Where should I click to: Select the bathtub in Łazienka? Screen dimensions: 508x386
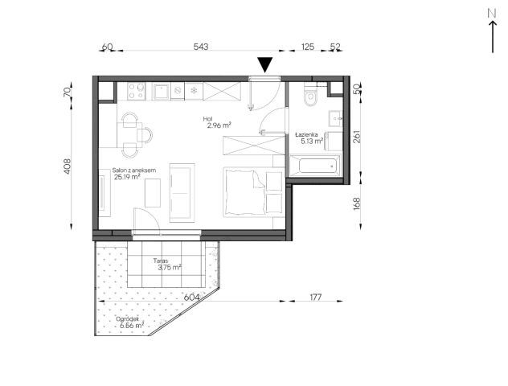(314, 166)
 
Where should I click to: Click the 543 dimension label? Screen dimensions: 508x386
(201, 47)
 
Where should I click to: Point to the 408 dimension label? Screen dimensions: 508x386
(67, 166)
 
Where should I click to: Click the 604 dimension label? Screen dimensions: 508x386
(192, 297)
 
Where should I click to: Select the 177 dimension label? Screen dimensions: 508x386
(316, 297)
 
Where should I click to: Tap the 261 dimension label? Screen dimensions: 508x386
(356, 137)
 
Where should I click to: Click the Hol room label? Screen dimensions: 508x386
(207, 119)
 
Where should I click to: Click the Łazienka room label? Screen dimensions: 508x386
(306, 134)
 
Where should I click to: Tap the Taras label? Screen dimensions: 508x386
(161, 261)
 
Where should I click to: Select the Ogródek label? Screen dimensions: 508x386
(128, 319)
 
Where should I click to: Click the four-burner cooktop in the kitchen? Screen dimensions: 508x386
(137, 91)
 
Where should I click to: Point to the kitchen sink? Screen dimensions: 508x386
(161, 92)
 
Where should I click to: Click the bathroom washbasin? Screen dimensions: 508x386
(335, 118)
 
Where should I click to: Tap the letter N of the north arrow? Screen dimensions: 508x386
(492, 14)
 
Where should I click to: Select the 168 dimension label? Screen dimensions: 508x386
(356, 204)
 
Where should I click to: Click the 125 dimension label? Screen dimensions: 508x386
(308, 47)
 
